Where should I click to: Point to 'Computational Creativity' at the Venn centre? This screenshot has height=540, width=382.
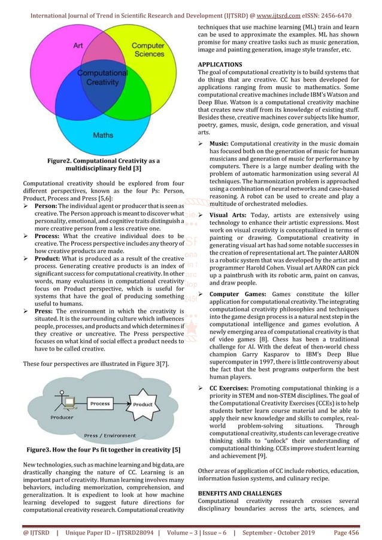coord(104,78)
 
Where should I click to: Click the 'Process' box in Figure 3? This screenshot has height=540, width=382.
coord(100,404)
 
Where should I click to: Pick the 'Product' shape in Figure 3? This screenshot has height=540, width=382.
coord(143,404)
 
